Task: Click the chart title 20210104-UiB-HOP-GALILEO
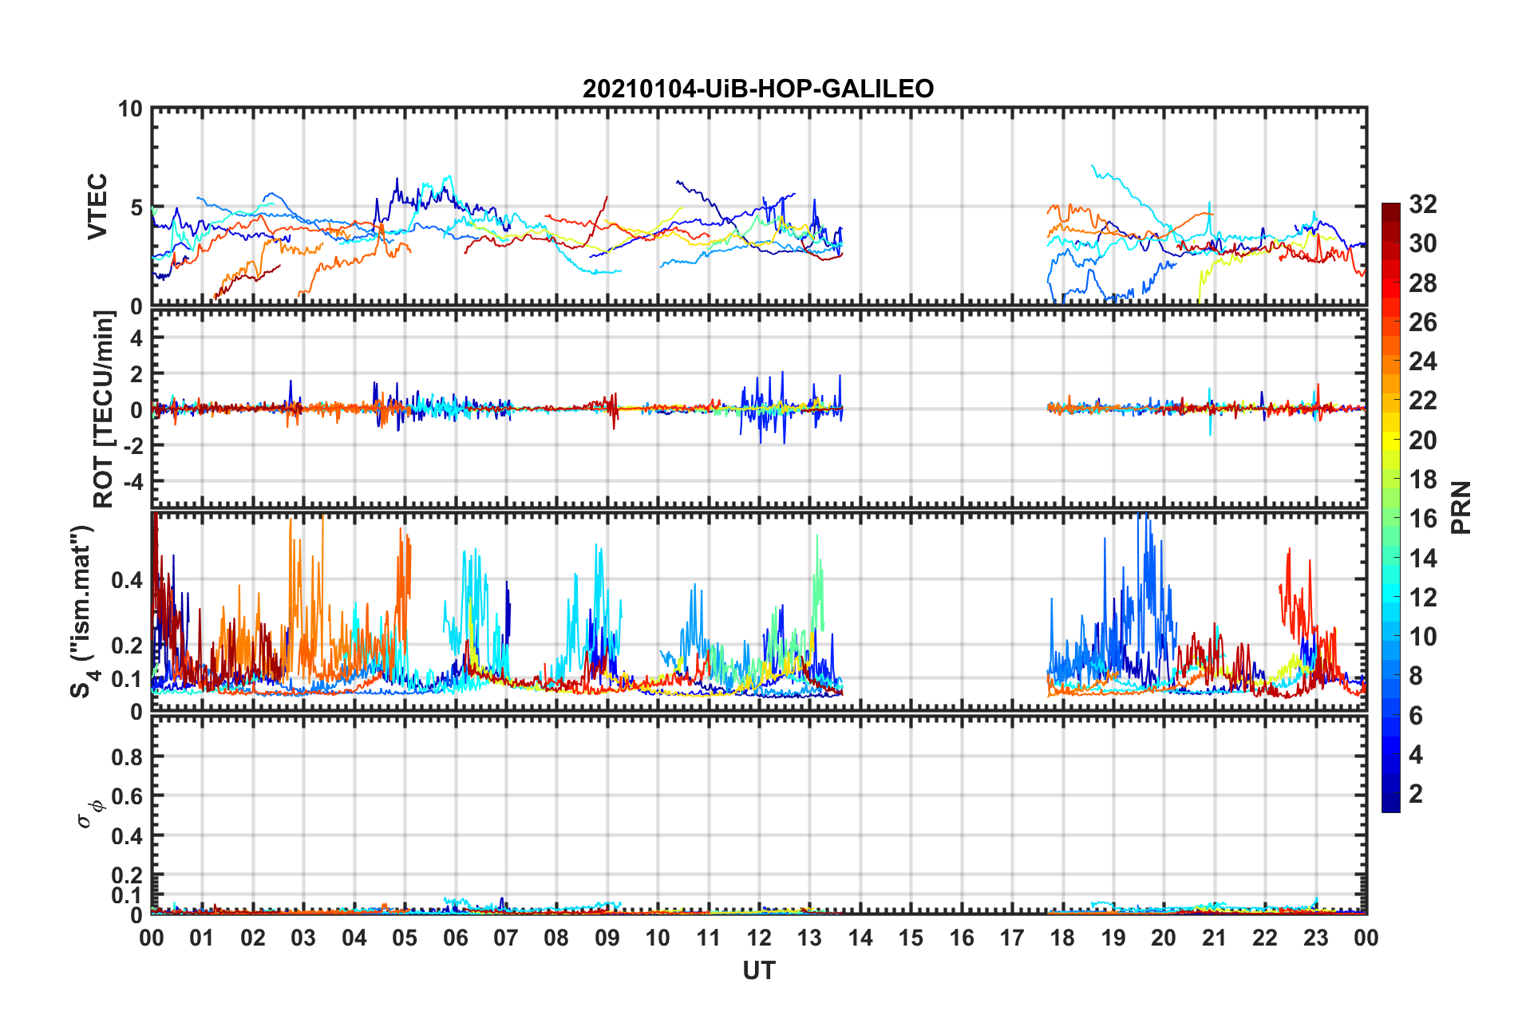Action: [758, 89]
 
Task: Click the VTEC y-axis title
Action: [97, 207]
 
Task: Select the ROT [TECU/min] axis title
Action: [104, 409]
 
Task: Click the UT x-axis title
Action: [758, 971]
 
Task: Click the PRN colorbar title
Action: [1461, 507]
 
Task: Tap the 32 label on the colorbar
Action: [1423, 204]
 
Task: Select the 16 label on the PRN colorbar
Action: [1423, 519]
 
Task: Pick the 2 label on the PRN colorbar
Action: [1417, 794]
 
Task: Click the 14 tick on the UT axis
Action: [860, 938]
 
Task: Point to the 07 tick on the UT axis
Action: [506, 938]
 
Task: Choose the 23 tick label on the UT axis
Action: [1315, 938]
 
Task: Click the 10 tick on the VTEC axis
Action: [130, 109]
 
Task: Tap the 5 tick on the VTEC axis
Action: [136, 207]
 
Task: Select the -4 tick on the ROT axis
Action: [130, 482]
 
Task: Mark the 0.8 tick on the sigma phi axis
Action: [127, 756]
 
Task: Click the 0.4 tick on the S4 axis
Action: [127, 580]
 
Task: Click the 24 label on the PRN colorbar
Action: [1423, 361]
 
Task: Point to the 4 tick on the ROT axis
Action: [136, 338]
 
